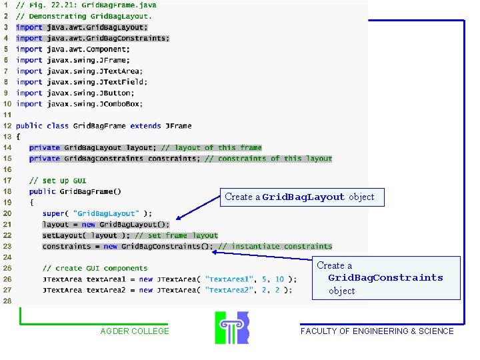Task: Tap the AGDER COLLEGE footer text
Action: point(135,331)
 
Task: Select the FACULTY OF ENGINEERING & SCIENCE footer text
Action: point(377,331)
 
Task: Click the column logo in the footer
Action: point(231,327)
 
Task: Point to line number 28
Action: point(7,301)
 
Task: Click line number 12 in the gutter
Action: point(7,125)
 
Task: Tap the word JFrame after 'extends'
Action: point(178,125)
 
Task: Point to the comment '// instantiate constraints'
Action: point(275,247)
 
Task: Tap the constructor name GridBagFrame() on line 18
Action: point(91,191)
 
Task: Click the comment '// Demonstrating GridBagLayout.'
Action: point(84,16)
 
